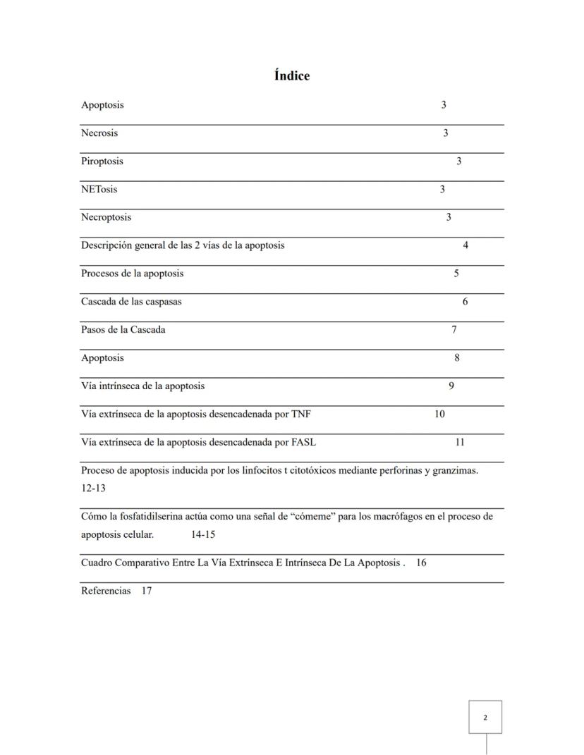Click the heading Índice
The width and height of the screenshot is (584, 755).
click(x=292, y=75)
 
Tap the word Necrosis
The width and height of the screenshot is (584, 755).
click(x=99, y=133)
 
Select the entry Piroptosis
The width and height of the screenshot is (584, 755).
click(x=102, y=161)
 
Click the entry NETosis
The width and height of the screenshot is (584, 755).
click(x=99, y=190)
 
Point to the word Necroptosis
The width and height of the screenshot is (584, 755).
click(x=106, y=217)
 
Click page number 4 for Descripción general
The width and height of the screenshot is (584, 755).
click(x=466, y=245)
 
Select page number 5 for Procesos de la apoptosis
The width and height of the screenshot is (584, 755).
click(x=456, y=274)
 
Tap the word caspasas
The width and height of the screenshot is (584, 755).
click(x=160, y=302)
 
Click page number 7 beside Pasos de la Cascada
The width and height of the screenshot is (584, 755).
click(x=454, y=330)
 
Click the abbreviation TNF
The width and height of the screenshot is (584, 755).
click(x=300, y=415)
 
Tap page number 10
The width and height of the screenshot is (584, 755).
click(x=439, y=415)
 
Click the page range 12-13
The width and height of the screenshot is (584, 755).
click(x=93, y=488)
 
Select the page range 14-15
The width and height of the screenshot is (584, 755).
click(x=203, y=534)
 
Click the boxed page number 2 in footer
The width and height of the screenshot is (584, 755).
click(x=485, y=718)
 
